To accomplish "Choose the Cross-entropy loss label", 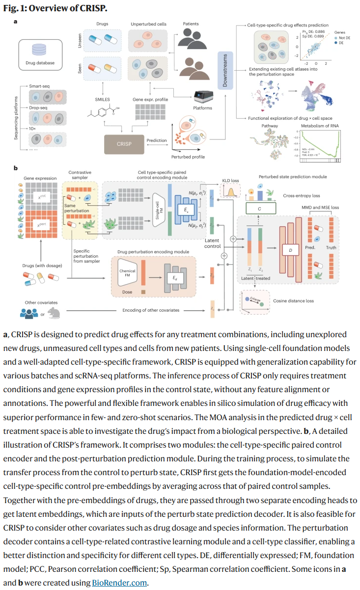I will pyautogui.click(x=301, y=195).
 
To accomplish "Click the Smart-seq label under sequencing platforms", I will pyautogui.click(x=40, y=85).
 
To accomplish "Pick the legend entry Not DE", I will pyautogui.click(x=343, y=38).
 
